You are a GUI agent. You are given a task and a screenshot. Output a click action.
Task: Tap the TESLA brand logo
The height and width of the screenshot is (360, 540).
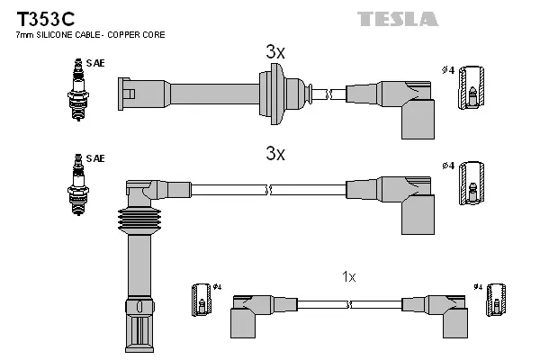pyautogui.click(x=397, y=18)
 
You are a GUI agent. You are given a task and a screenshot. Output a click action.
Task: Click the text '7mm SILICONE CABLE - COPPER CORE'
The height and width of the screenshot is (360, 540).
pyautogui.click(x=90, y=35)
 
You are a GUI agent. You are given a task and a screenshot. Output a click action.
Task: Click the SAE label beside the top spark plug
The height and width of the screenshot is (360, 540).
pyautogui.click(x=96, y=64)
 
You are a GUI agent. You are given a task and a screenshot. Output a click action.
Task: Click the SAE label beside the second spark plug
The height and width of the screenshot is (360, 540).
pyautogui.click(x=96, y=158)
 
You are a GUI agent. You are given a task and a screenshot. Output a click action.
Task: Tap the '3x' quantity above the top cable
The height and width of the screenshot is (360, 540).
pyautogui.click(x=275, y=53)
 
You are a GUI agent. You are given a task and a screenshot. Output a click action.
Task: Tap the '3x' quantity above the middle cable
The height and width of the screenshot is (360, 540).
pyautogui.click(x=275, y=153)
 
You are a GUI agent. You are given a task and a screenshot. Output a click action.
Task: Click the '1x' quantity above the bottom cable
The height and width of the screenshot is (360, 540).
pyautogui.click(x=348, y=277)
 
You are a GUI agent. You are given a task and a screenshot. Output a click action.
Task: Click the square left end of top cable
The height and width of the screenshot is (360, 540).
pyautogui.click(x=127, y=92)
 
